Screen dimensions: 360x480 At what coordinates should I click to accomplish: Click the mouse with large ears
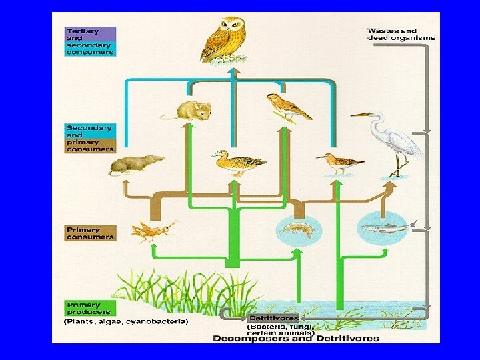[191, 109]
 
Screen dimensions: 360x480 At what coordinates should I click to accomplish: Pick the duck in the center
[237, 162]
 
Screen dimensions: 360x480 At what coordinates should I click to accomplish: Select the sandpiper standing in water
[340, 163]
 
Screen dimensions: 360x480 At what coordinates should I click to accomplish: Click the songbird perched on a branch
[287, 107]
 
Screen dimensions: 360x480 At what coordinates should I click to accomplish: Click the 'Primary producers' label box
[89, 308]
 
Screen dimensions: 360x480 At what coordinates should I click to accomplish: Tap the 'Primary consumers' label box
[90, 233]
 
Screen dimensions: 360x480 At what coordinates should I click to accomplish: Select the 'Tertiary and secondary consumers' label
[90, 41]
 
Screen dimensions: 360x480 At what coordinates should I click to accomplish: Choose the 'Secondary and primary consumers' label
[90, 138]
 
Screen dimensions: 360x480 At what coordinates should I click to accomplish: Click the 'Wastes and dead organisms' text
[401, 34]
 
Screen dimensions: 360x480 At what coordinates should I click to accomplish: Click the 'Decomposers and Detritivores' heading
[296, 338]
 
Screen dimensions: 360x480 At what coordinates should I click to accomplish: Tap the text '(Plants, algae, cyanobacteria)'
[127, 322]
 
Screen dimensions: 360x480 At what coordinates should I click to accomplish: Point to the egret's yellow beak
[359, 115]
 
